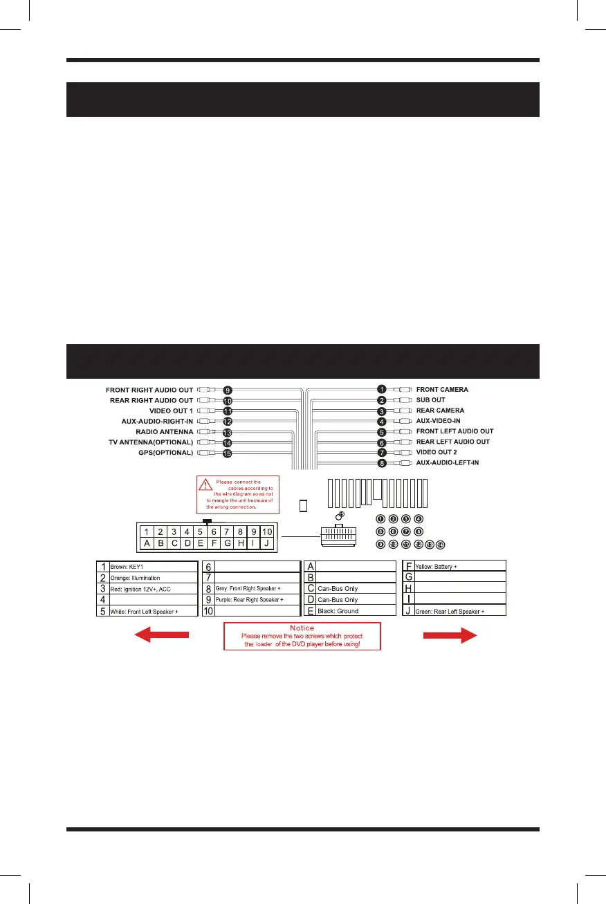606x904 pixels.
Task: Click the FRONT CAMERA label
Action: click(x=442, y=389)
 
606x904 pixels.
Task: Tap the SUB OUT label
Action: click(x=430, y=400)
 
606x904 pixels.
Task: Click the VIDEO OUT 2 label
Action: click(x=437, y=452)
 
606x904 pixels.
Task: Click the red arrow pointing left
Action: click(x=161, y=637)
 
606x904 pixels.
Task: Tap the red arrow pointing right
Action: click(x=450, y=637)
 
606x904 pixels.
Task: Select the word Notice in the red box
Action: click(x=302, y=628)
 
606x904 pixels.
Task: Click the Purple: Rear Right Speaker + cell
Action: click(x=257, y=599)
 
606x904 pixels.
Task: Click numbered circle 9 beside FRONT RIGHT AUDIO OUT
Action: click(x=227, y=390)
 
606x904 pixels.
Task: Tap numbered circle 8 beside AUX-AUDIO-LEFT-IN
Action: click(x=381, y=462)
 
